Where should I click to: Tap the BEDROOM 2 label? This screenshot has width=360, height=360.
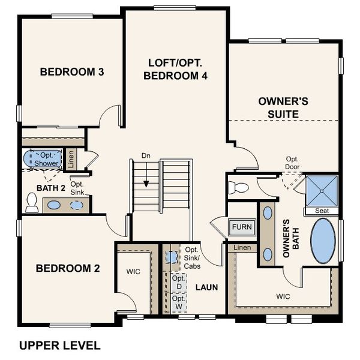[67, 268]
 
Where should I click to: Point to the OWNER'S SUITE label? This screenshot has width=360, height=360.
[283, 107]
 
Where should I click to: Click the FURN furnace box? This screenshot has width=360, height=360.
[242, 227]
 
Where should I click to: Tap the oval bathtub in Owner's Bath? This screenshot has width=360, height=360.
[325, 241]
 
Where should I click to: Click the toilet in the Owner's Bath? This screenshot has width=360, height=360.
[239, 187]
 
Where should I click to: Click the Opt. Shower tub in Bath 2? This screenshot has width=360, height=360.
[43, 160]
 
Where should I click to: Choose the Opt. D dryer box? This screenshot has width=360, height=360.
[178, 283]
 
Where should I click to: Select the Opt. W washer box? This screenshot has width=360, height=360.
[178, 302]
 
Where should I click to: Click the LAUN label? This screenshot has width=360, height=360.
[206, 287]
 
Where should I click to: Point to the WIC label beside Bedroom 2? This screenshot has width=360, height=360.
[133, 272]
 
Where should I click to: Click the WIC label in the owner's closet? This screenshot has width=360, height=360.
[283, 296]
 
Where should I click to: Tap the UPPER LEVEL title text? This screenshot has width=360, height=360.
[59, 346]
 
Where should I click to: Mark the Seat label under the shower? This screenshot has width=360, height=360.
[322, 211]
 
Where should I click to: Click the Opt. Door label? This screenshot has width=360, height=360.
[292, 163]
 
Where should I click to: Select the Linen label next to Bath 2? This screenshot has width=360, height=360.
[71, 158]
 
